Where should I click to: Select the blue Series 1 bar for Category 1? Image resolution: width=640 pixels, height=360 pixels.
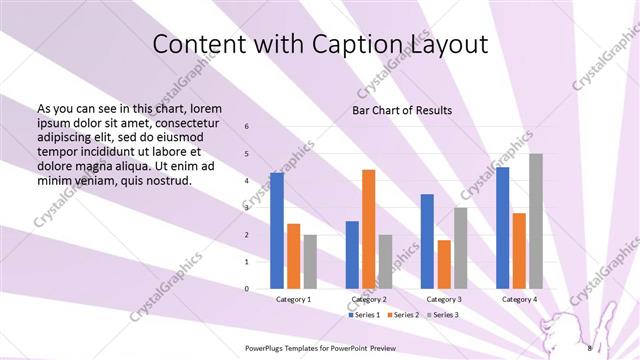click(x=276, y=231)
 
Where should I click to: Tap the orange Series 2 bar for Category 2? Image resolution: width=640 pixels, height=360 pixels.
click(x=368, y=229)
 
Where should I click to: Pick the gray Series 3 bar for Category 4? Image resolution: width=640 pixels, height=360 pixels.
click(x=536, y=221)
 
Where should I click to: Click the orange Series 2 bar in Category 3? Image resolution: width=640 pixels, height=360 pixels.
click(x=444, y=264)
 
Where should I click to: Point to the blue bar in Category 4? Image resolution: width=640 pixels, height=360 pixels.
click(x=502, y=228)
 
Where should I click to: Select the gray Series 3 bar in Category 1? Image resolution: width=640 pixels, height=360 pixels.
click(x=310, y=262)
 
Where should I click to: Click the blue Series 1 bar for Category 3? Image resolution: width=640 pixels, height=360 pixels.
click(x=427, y=241)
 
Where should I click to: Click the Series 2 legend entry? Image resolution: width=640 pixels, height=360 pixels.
click(x=403, y=315)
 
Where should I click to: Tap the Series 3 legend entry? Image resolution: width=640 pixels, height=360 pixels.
click(x=442, y=315)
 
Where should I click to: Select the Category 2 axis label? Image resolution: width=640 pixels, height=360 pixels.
click(x=369, y=299)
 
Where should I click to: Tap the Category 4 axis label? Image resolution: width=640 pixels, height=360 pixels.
click(x=520, y=299)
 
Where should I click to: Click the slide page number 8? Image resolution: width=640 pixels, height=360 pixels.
click(x=589, y=348)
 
